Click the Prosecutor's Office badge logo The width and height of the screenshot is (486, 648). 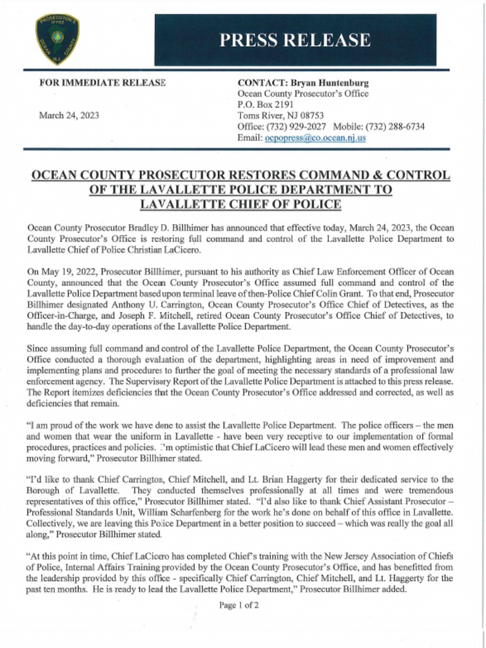click(x=57, y=39)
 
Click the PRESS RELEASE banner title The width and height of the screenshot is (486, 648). click(x=294, y=40)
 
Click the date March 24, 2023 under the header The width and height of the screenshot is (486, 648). click(x=69, y=115)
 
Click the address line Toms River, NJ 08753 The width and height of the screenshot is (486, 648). click(x=280, y=115)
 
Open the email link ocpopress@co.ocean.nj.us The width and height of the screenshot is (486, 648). click(x=315, y=137)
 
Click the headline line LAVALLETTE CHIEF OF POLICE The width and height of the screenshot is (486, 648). click(x=240, y=204)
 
